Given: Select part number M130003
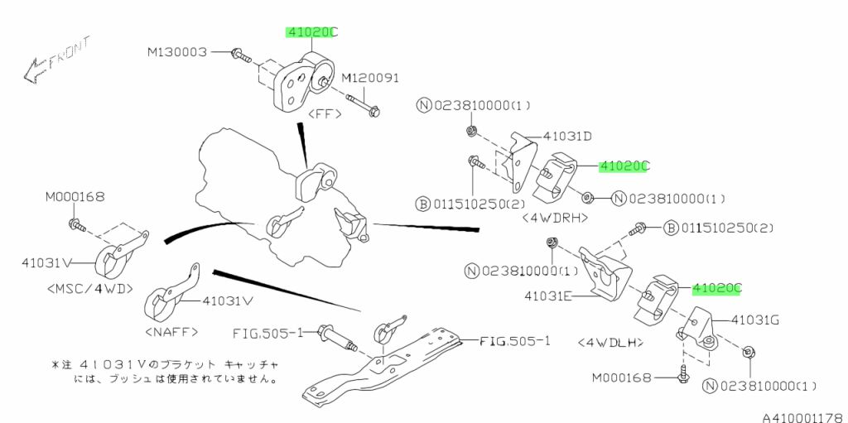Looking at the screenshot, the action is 177,52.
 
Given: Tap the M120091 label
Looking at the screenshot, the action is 370,78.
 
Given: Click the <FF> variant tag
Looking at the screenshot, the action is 325,115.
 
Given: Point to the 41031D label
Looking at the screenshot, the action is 567,137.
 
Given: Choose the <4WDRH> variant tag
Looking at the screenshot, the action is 556,219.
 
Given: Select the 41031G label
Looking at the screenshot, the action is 755,320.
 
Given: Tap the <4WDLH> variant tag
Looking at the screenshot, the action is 610,343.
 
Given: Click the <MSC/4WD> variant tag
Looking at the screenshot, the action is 89,289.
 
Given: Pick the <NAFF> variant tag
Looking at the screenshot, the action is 172,332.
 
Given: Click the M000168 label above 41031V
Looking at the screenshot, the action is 75,197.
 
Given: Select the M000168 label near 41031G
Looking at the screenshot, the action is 621,377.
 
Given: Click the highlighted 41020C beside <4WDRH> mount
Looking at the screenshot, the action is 624,166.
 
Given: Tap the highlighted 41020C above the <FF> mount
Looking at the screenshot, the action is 312,32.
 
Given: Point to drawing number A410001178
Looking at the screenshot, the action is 805,417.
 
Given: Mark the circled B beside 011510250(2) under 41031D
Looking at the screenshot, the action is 422,204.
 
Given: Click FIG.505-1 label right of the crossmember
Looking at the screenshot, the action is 514,341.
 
